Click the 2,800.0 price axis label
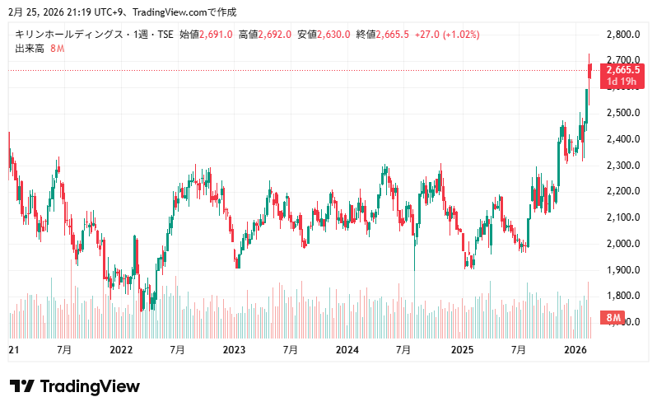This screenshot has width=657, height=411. pos(622,35)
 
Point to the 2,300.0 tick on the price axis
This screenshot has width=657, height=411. pos(622,166)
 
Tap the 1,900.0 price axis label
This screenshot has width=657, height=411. pos(622,270)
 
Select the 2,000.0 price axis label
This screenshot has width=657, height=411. pos(622,244)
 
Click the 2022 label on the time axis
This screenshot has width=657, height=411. pos(121,350)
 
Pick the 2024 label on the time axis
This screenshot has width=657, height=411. pos(347,350)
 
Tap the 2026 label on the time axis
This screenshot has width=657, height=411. pos(574,350)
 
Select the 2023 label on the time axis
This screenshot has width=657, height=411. pos(235,350)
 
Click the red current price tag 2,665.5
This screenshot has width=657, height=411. pos(622,71)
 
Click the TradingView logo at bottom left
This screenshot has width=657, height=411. pos(74,387)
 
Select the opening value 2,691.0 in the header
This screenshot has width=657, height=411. pos(217,35)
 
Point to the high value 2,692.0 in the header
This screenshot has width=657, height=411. pos(276,35)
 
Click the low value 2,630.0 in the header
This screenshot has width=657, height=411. pos(335,35)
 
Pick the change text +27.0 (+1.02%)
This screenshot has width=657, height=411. pos(447,35)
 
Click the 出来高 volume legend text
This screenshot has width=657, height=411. pos(30,49)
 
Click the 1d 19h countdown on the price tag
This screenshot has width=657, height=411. pos(622,82)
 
